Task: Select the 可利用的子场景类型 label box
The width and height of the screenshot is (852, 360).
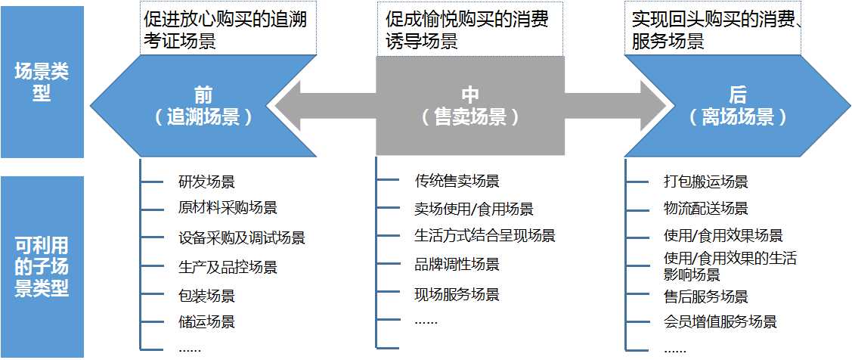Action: tap(42, 266)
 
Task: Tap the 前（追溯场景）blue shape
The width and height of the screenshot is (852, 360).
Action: tap(203, 106)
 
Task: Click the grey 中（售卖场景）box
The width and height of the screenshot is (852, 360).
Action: tap(470, 106)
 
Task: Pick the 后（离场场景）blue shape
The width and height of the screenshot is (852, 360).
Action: tap(737, 106)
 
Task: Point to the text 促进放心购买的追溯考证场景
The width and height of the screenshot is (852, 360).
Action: tap(225, 30)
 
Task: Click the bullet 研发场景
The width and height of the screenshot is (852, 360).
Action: tap(206, 182)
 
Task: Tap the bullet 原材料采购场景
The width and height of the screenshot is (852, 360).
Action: tap(228, 208)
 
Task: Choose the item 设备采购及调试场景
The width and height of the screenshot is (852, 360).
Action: tap(241, 238)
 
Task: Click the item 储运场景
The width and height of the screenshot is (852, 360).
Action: tap(206, 321)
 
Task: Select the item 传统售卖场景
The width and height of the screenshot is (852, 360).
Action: tap(457, 182)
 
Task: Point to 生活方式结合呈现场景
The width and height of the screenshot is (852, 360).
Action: tap(485, 236)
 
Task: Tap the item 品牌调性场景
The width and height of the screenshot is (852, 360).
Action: tap(457, 265)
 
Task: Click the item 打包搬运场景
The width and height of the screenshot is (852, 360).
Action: tap(705, 182)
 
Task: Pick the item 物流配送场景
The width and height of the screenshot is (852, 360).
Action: tap(705, 208)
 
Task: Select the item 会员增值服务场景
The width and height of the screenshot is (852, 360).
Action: tap(720, 322)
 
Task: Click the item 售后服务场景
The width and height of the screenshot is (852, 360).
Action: tap(705, 296)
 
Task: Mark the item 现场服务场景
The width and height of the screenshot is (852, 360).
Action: tap(457, 294)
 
